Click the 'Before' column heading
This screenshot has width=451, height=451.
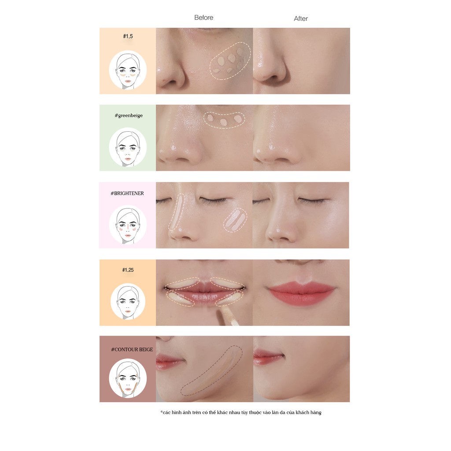(203, 18)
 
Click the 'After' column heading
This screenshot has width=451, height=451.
(301, 18)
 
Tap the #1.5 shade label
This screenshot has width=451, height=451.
(128, 36)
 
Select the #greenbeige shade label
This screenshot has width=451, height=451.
(128, 115)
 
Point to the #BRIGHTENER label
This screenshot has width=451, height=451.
(128, 193)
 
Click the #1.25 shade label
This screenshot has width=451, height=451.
(128, 270)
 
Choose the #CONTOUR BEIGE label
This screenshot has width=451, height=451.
(132, 349)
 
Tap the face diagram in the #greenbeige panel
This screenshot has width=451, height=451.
(128, 148)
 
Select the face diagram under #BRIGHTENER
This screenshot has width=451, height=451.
(128, 225)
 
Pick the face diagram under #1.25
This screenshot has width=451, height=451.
(128, 302)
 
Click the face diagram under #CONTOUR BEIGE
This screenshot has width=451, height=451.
(128, 378)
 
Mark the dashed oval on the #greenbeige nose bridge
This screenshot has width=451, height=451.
(224, 119)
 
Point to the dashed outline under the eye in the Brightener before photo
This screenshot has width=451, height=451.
(235, 220)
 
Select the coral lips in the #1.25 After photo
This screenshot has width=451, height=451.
(301, 291)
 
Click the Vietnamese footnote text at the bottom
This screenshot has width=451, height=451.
(240, 412)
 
